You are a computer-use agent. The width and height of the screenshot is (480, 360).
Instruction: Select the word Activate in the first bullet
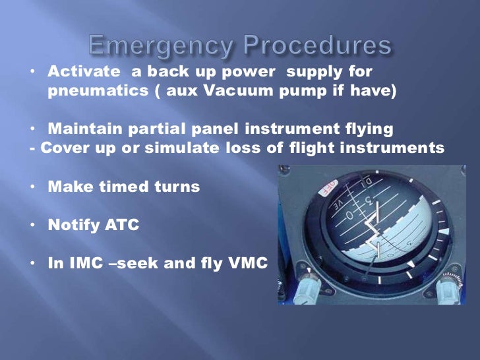coord(83,71)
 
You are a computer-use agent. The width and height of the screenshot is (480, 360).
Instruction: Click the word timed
coord(121,187)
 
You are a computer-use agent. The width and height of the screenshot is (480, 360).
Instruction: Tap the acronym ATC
coord(123,225)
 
